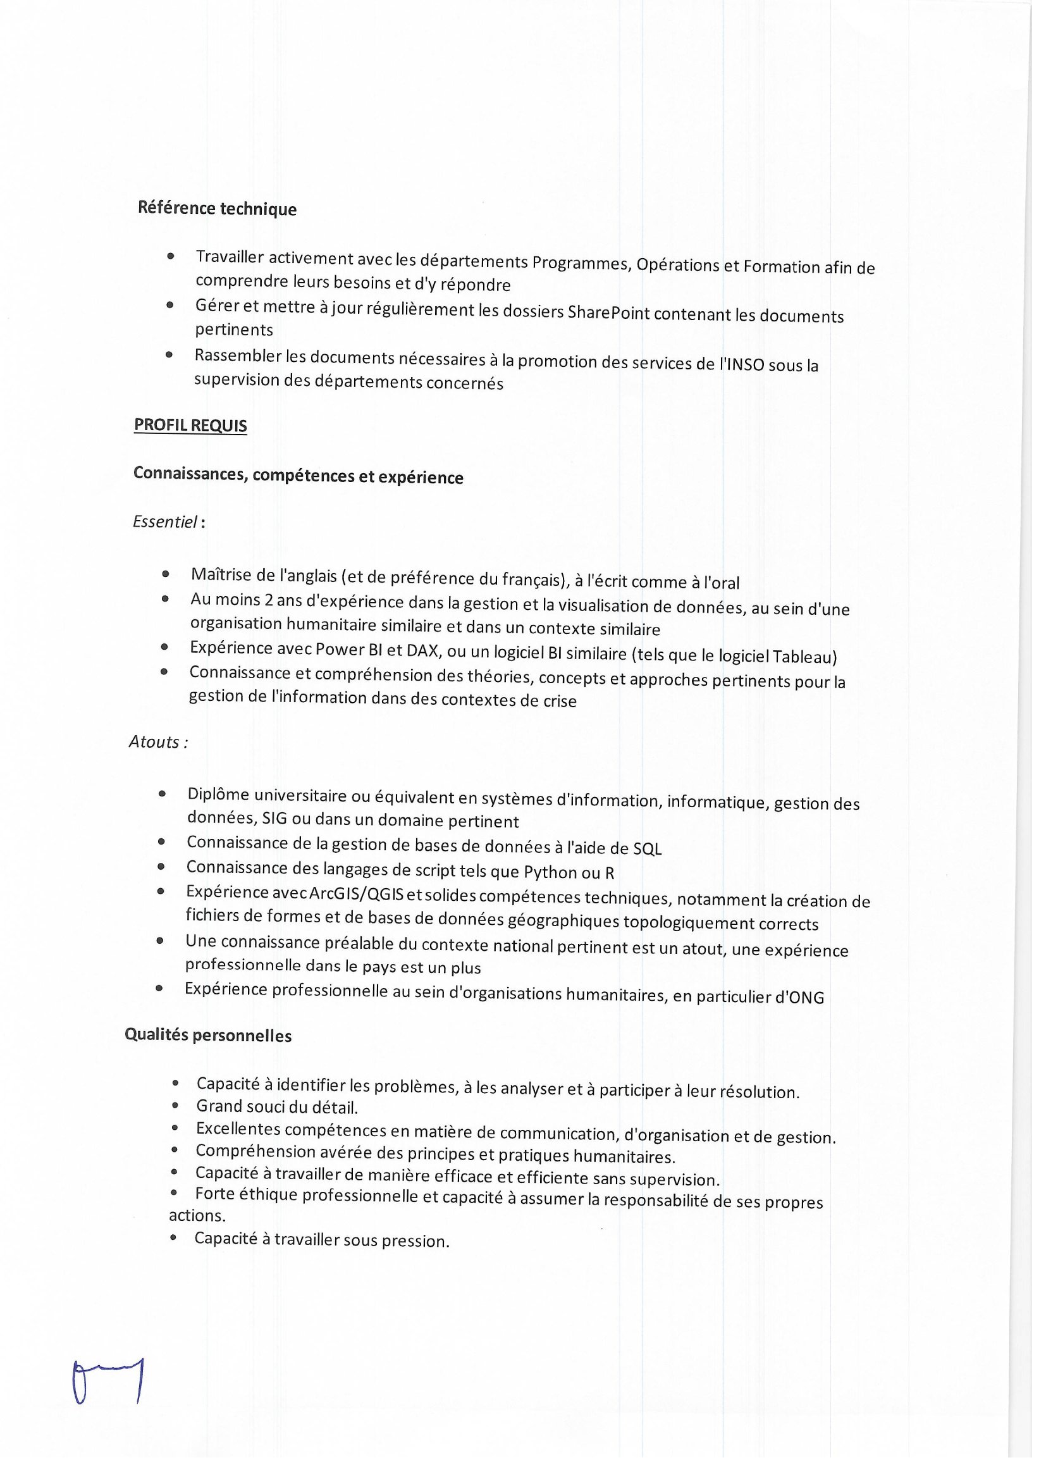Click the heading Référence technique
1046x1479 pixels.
(x=217, y=209)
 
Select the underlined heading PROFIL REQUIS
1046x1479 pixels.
(x=190, y=426)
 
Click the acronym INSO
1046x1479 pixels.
(x=744, y=364)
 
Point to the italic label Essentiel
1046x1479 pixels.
(x=165, y=523)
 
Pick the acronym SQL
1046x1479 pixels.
(x=648, y=849)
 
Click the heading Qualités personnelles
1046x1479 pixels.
(x=208, y=1036)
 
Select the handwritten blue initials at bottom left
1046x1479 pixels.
(x=108, y=1381)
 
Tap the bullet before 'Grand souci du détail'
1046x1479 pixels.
(x=175, y=1106)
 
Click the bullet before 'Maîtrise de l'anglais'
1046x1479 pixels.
(x=166, y=573)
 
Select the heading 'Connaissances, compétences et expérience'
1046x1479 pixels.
(x=298, y=476)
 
